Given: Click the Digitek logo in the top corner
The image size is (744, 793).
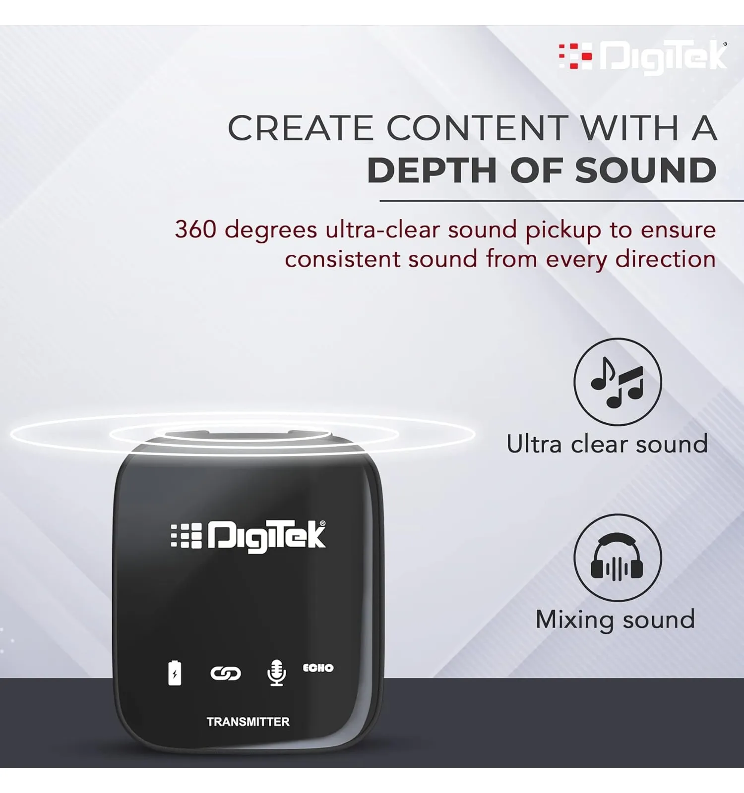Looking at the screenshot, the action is [x=643, y=56].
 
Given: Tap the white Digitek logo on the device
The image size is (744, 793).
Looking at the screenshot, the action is [x=248, y=536].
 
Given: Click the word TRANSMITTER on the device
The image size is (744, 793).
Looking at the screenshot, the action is [x=248, y=722].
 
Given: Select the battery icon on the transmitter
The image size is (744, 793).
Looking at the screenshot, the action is [x=175, y=673].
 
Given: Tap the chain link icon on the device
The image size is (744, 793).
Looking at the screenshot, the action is [x=226, y=673].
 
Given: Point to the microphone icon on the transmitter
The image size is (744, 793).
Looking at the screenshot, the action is [x=276, y=673].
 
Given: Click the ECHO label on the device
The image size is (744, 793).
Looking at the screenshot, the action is [x=318, y=668].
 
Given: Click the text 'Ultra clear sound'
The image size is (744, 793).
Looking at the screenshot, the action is [x=607, y=444].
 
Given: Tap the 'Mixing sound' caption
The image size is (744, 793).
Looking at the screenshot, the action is [x=615, y=620].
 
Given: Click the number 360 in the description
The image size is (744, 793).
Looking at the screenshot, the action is [x=195, y=229].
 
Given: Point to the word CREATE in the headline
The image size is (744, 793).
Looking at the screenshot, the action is [x=300, y=128].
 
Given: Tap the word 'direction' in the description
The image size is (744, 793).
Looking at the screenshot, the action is [x=666, y=259].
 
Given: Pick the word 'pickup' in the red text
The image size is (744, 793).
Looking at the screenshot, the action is [x=563, y=231].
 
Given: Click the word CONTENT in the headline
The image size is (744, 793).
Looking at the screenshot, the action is [x=477, y=128].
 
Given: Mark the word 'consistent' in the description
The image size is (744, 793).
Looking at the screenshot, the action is [x=342, y=259].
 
